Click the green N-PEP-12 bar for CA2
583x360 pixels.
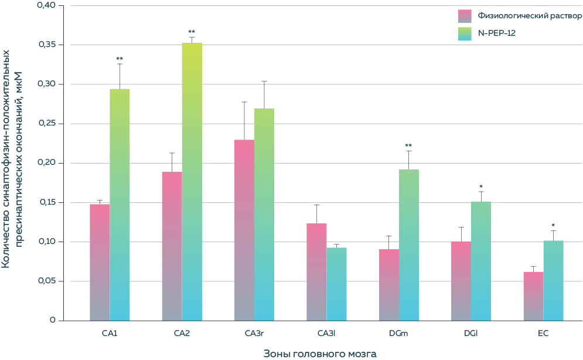point(192,182)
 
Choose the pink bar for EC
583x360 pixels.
point(533,296)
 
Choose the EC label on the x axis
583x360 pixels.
point(543,334)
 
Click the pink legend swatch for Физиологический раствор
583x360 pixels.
point(465,16)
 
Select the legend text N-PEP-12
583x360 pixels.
point(497,33)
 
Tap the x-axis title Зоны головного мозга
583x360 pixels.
point(319,354)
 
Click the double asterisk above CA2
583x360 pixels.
point(192,32)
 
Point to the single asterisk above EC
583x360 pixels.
point(553,225)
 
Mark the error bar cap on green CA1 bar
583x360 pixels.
point(120,63)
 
